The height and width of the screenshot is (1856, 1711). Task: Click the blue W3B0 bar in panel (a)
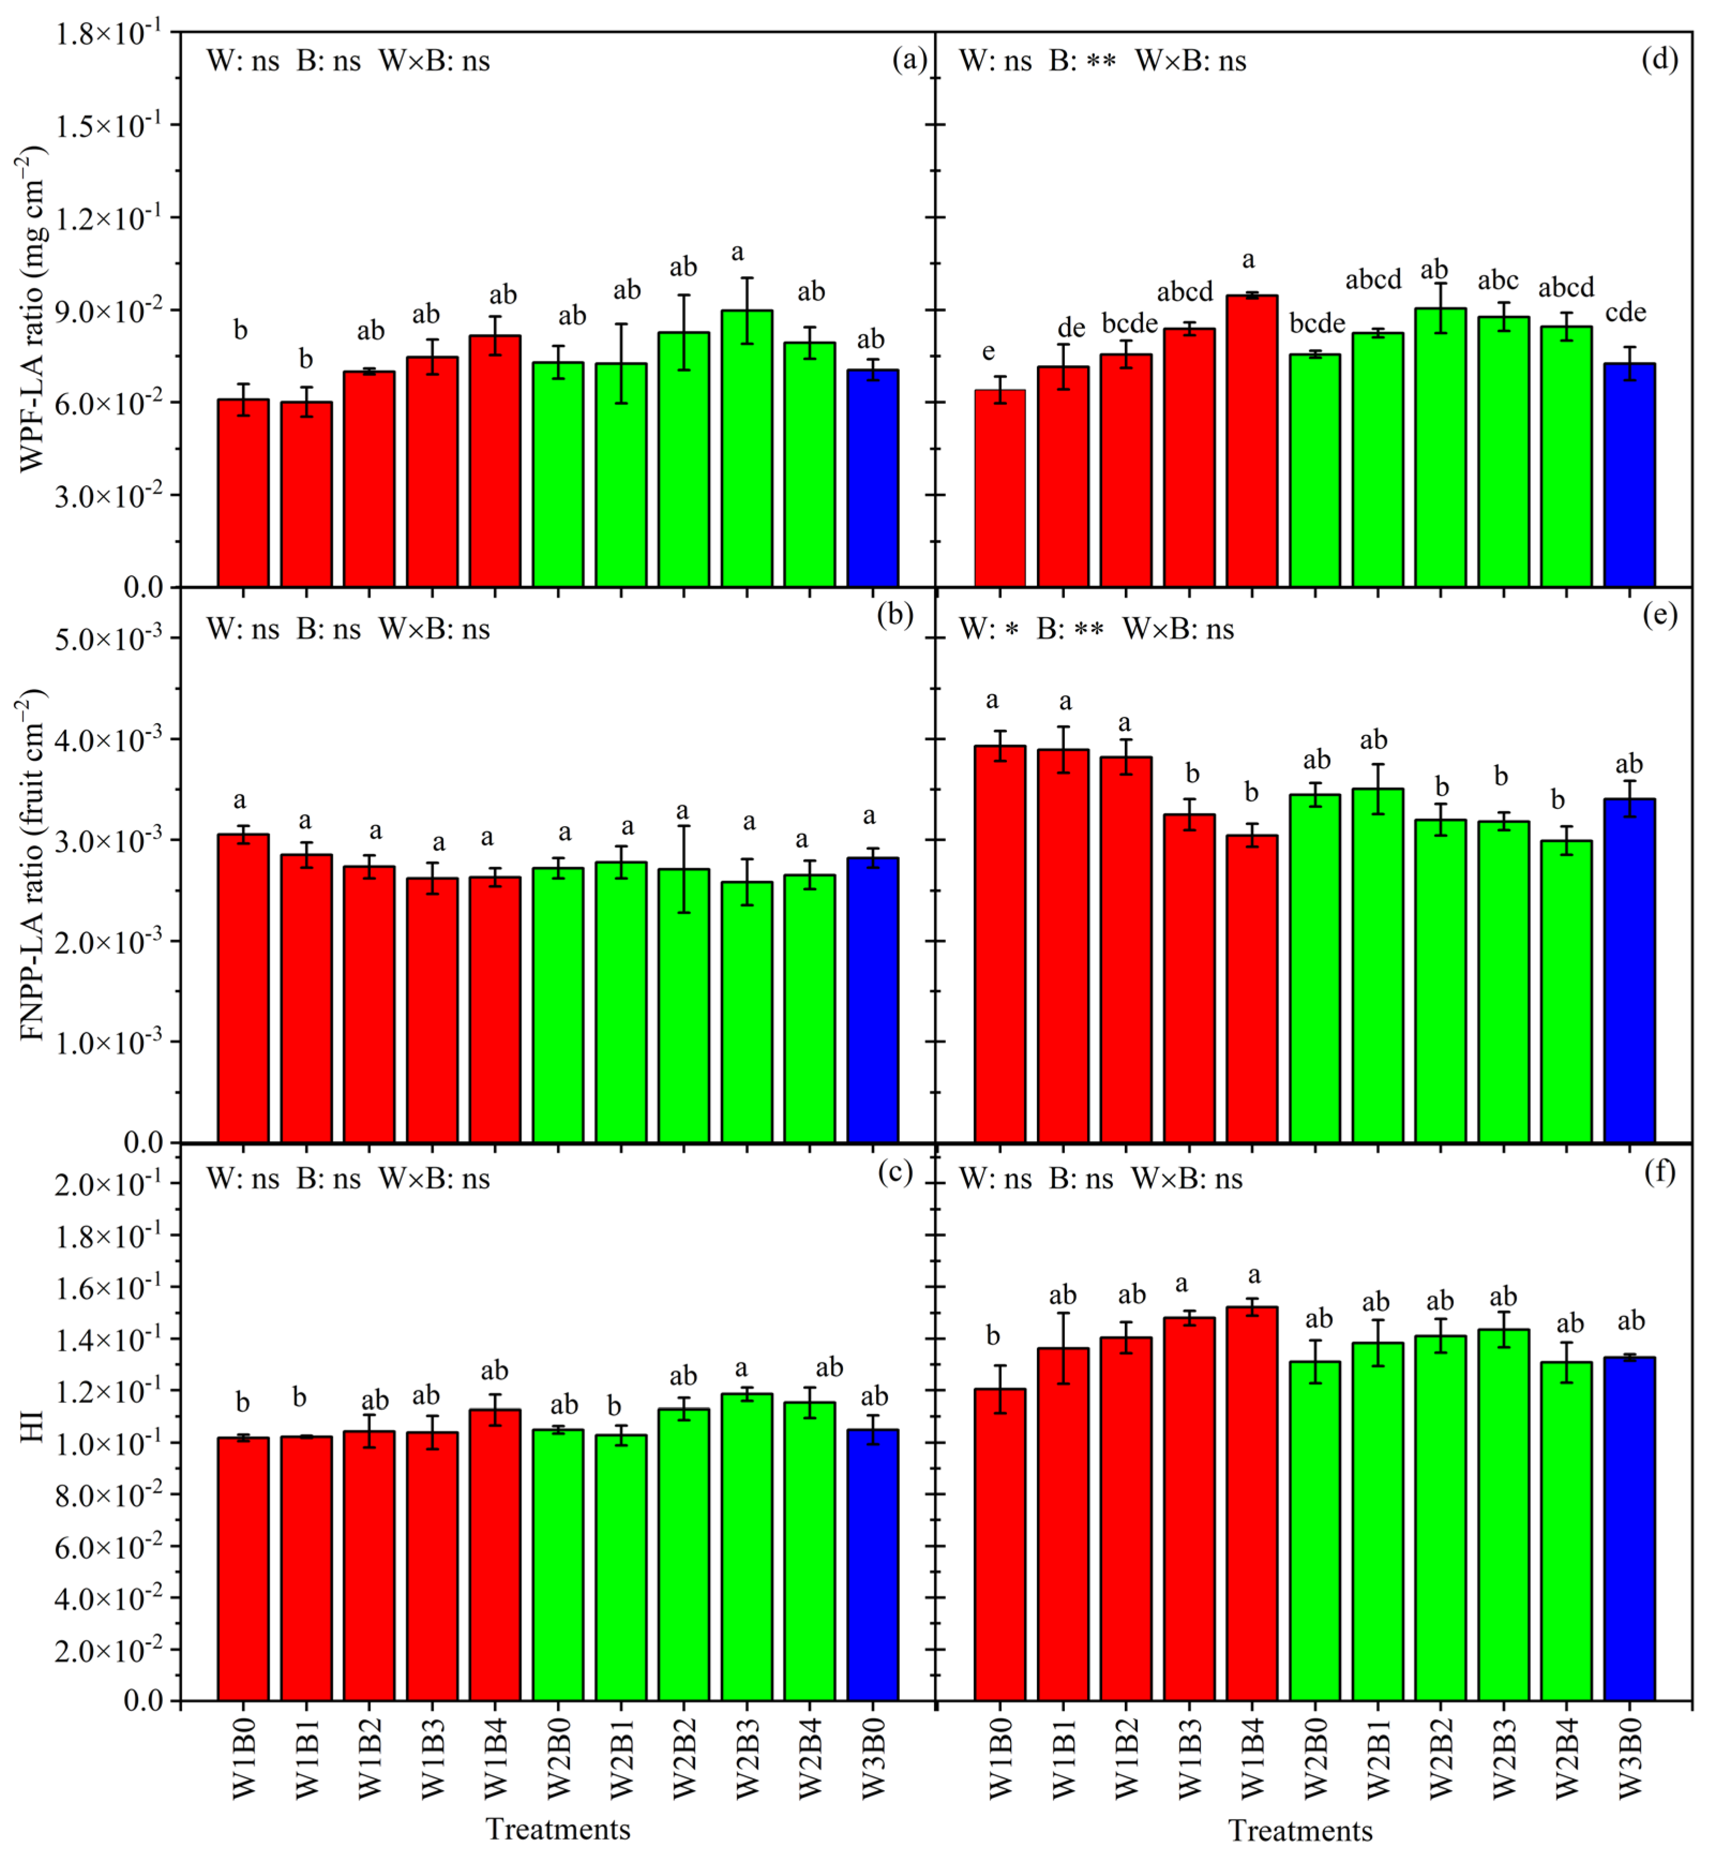(872, 479)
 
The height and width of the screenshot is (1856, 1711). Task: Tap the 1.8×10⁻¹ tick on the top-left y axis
(107, 34)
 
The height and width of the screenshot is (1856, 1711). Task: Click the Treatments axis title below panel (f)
(1300, 1831)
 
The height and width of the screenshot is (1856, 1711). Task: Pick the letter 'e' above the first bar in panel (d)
(989, 351)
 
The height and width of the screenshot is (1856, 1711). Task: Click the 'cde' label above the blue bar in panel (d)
(1626, 313)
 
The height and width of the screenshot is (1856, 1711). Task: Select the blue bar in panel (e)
(1630, 970)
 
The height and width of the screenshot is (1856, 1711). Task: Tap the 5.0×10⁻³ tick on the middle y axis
(107, 639)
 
